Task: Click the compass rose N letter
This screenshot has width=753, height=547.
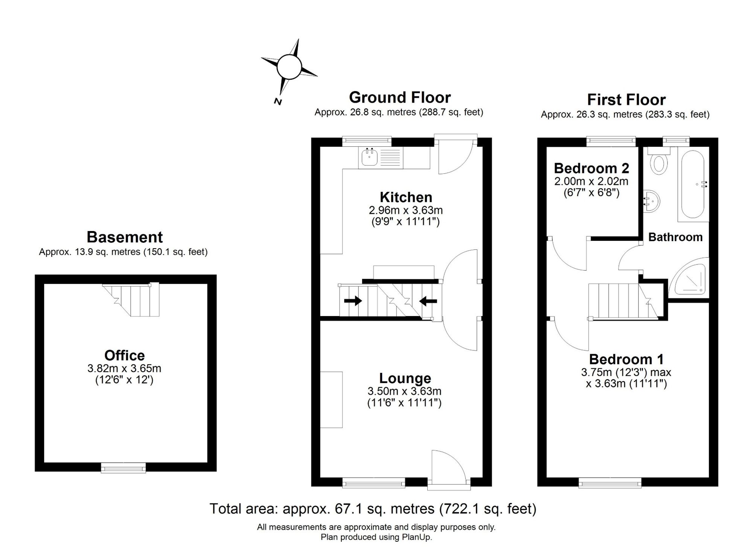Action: [278, 101]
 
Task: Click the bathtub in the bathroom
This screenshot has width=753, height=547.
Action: [693, 184]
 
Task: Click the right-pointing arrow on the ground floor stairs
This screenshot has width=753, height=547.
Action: [353, 301]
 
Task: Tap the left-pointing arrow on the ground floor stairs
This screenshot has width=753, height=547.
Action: [428, 301]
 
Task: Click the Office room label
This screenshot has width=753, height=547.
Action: [125, 356]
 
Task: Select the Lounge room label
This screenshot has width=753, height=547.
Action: [405, 378]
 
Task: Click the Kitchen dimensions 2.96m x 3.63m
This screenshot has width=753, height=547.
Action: [406, 210]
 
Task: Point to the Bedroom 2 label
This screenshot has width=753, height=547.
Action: [591, 168]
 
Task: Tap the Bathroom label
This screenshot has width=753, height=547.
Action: [675, 237]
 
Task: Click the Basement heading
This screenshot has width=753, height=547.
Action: [125, 237]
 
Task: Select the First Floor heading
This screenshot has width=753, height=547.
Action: [626, 100]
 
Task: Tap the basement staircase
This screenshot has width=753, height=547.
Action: [131, 299]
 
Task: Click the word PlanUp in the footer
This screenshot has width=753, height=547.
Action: [416, 537]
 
